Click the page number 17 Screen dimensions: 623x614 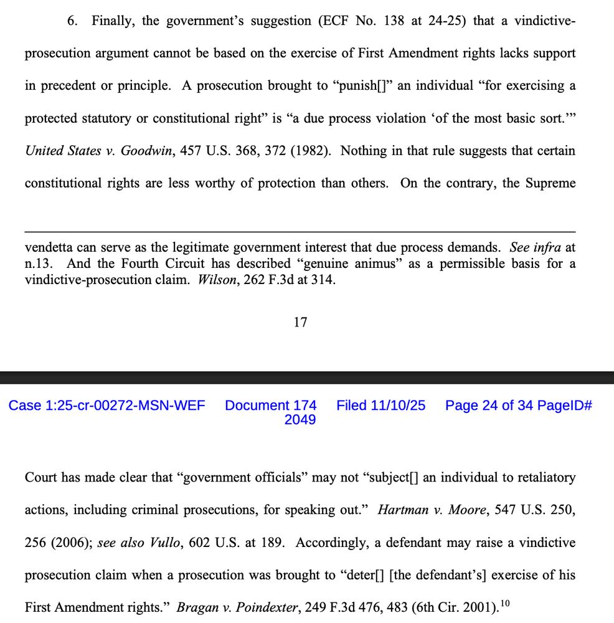click(300, 322)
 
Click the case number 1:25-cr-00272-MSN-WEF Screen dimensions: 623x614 click(106, 406)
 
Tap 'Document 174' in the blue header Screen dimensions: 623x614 click(271, 406)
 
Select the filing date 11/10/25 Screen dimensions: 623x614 click(398, 406)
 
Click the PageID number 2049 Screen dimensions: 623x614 click(300, 420)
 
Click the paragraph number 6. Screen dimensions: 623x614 click(72, 21)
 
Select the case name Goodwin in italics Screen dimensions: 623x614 click(146, 151)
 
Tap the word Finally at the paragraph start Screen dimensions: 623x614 click(113, 21)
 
